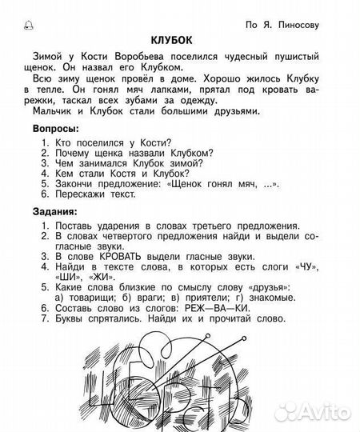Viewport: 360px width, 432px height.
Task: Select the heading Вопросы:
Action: (x=55, y=129)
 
